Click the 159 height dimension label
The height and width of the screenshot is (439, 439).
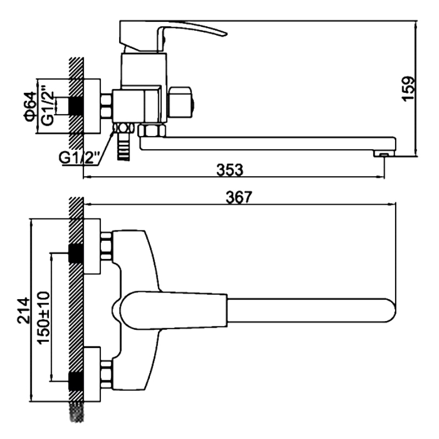(x=409, y=88)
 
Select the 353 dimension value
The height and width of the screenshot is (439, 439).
(x=230, y=170)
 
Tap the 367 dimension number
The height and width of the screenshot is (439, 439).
(x=239, y=197)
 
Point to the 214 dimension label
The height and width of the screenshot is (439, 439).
(x=23, y=311)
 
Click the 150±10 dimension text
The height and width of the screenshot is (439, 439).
(x=43, y=318)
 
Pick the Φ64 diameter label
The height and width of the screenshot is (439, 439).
(x=30, y=106)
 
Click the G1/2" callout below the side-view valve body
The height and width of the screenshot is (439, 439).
(x=79, y=157)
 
